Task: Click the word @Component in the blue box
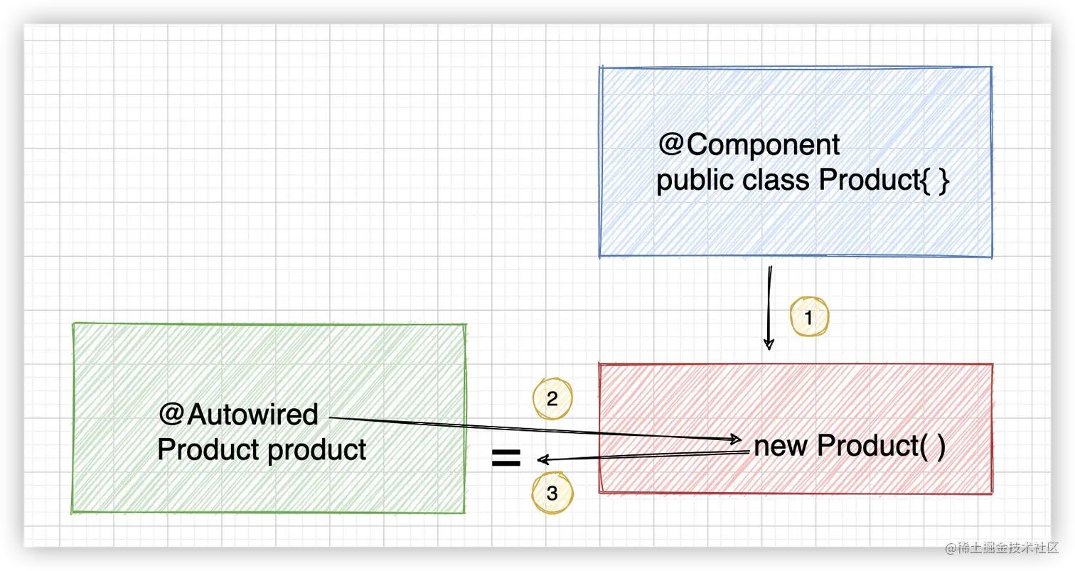coord(749,145)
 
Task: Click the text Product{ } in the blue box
coord(884,181)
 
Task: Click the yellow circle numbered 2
coord(552,399)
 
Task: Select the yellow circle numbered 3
coord(552,494)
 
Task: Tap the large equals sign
coord(506,459)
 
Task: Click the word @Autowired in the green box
coord(239,415)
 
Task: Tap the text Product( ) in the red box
coord(881,447)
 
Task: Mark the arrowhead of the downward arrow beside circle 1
coord(768,345)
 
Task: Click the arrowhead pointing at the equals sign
coord(542,459)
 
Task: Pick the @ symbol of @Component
coord(671,145)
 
